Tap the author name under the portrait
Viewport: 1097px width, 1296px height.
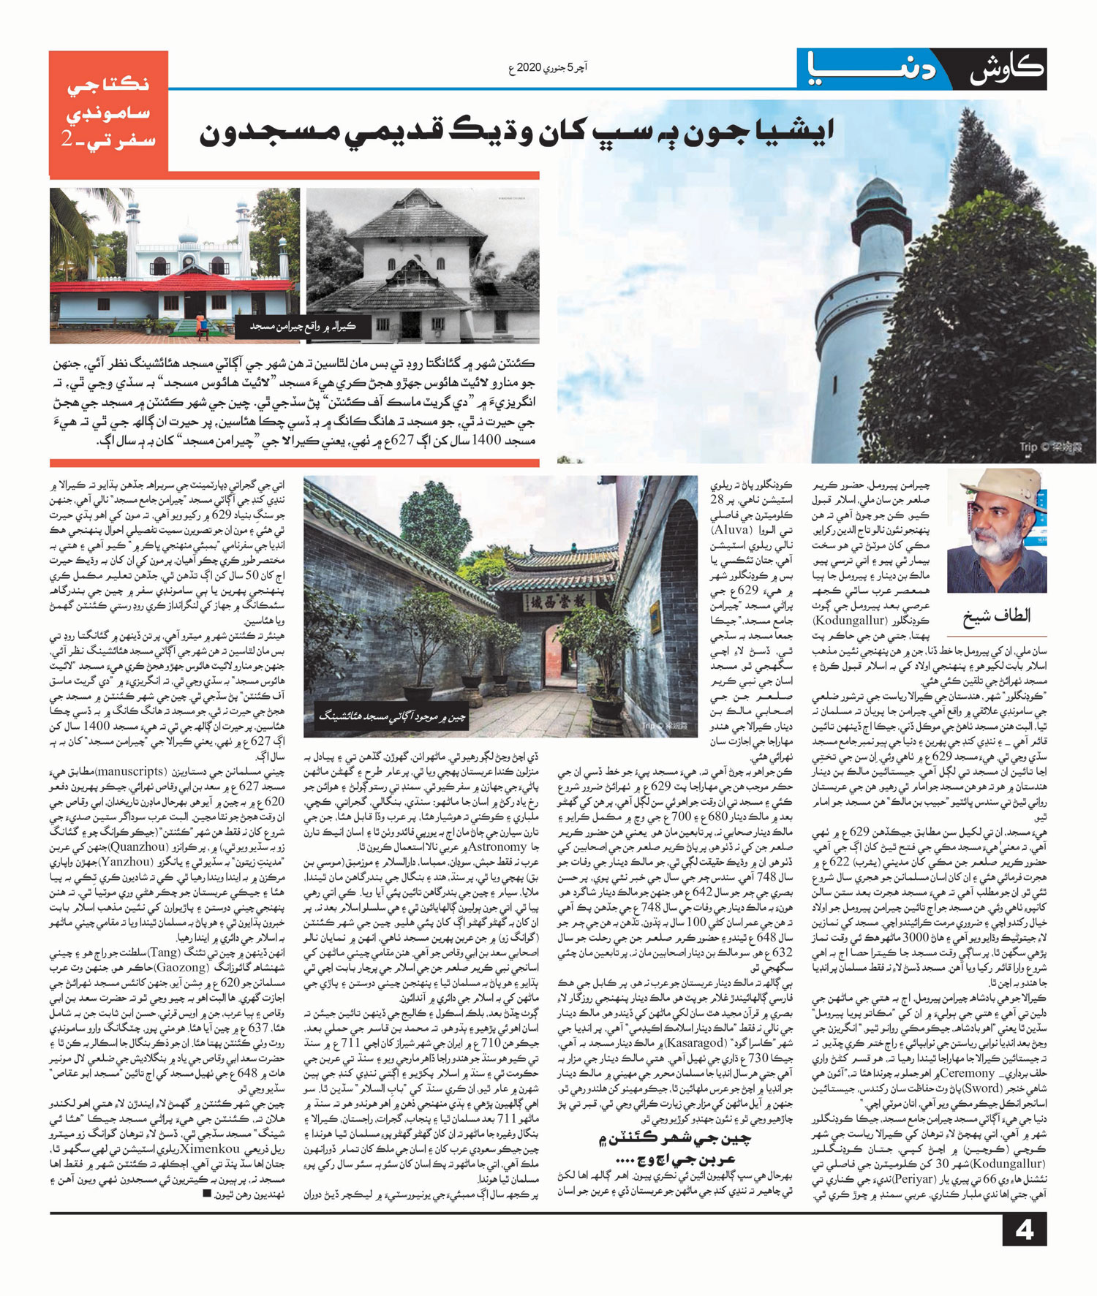[996, 615]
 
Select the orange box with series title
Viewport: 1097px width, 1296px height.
[108, 113]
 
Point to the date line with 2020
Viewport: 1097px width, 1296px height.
[547, 68]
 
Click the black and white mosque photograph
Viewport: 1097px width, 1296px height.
[422, 265]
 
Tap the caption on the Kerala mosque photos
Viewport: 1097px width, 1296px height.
[303, 326]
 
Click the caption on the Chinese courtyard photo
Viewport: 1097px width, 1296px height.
[391, 716]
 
